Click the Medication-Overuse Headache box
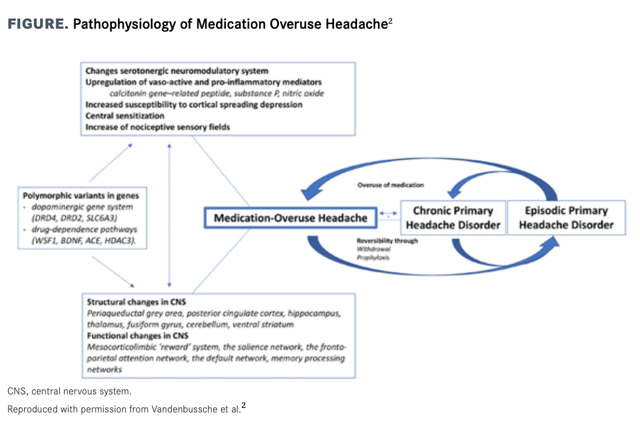pos(290,218)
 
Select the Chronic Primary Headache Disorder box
pos(453,218)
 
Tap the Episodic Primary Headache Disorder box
pos(566,218)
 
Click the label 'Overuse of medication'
pos(391,185)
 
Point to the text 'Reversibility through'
pos(387,241)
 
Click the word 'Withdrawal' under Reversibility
pos(373,249)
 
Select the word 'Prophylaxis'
pos(373,258)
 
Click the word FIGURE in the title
pos(38,24)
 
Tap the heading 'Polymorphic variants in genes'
pos(81,196)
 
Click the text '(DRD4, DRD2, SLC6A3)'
pos(74,218)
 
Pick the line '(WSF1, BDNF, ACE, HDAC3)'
pos(84,241)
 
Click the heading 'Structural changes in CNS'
pos(136,302)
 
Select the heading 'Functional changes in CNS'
pos(138,336)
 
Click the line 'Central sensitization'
pos(125,115)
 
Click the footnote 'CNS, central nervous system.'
pos(69,392)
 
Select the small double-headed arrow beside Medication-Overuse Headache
pos(388,213)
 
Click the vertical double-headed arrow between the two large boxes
pos(169,216)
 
